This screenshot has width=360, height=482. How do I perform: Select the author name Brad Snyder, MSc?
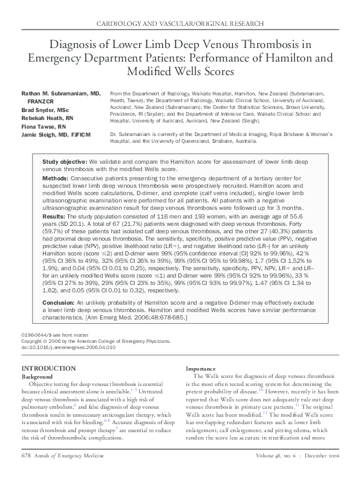click(47, 109)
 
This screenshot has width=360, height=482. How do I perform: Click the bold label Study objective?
click(65, 161)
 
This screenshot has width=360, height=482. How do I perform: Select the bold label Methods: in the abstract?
click(55, 177)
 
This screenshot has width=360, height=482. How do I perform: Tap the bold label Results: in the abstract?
click(54, 217)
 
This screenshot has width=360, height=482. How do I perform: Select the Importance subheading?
click(200, 369)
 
